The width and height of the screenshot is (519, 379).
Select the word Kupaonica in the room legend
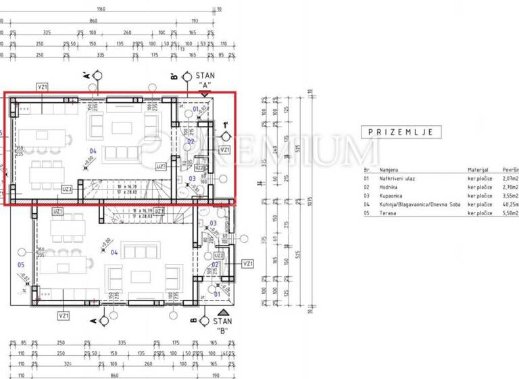pos(393,195)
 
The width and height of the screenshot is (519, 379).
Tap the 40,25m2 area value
pos(511,204)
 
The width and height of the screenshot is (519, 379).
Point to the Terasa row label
pos(388,213)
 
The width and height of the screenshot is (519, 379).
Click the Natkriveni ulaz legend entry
pos(398,178)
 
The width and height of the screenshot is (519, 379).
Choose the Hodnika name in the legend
pos(390,187)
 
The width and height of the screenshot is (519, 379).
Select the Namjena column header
pos(389,169)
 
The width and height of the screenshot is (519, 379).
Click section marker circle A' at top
pos(99,76)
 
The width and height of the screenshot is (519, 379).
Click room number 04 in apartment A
pos(93,151)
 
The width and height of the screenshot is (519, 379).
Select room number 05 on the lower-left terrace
pos(20,265)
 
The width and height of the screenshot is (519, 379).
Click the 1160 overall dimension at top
pos(101,9)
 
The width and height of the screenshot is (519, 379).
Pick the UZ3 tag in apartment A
pos(67,189)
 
